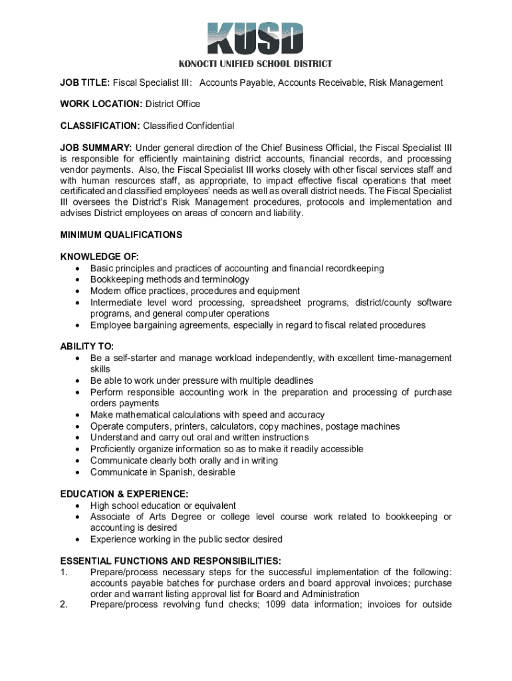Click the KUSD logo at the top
point(255,39)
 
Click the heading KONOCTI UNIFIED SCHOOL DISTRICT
point(255,64)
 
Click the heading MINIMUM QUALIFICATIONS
point(121,235)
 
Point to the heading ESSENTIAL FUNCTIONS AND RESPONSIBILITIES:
point(170,561)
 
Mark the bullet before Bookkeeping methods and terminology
point(78,280)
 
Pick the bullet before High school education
point(78,506)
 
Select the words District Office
point(173,104)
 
